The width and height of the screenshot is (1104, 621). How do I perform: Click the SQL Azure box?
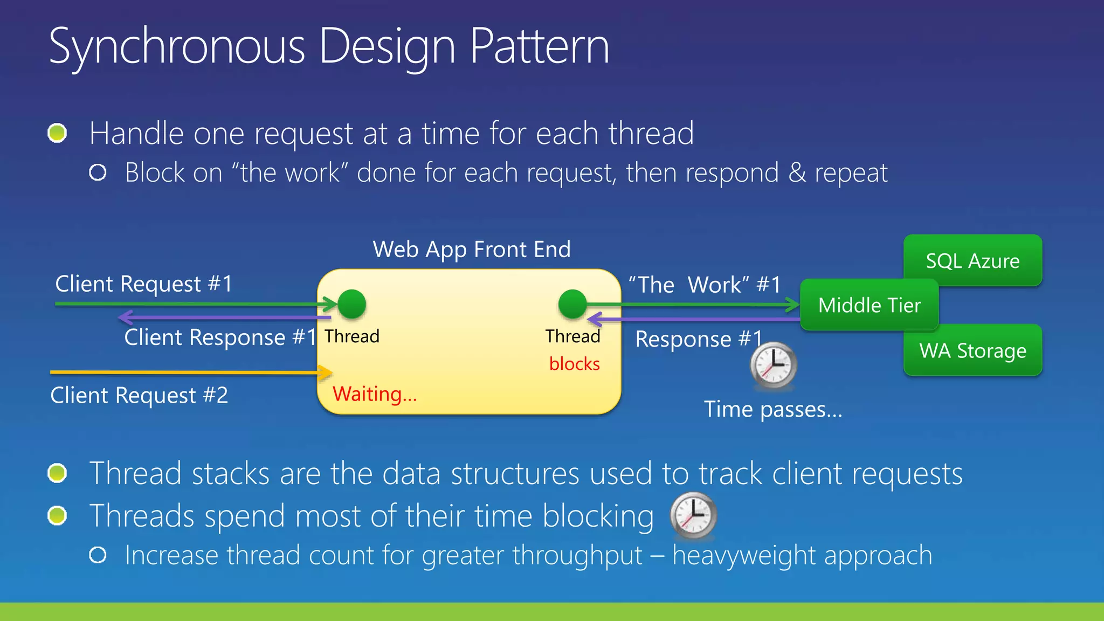tap(972, 260)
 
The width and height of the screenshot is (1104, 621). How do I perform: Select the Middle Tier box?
tap(869, 305)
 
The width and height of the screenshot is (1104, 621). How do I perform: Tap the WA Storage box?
tap(972, 350)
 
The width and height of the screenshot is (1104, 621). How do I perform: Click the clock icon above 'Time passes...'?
tap(773, 365)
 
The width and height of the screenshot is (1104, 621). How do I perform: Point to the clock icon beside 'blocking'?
tap(693, 515)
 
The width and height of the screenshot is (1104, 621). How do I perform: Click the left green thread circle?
tap(352, 304)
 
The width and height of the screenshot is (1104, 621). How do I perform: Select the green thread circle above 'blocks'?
tap(572, 304)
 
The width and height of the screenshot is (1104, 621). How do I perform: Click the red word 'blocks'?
tap(574, 364)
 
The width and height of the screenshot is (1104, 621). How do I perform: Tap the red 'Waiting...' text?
tap(375, 394)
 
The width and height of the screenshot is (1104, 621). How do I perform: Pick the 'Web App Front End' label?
tap(472, 249)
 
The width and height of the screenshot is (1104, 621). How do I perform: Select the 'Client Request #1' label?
tap(144, 284)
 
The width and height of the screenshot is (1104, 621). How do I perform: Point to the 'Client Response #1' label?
tap(220, 337)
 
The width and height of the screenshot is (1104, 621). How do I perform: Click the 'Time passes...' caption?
tap(773, 409)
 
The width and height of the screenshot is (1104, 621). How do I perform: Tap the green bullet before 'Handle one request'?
tap(57, 133)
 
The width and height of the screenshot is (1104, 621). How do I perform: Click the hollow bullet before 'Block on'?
tap(98, 172)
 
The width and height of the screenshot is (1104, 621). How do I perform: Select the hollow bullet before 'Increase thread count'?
tap(98, 555)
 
